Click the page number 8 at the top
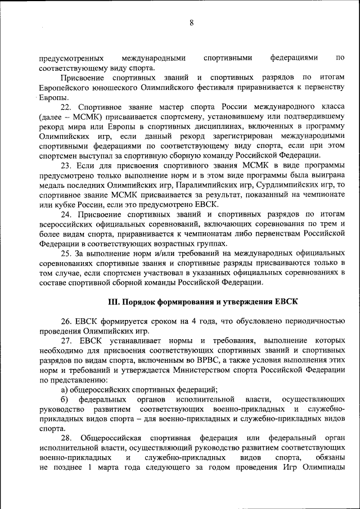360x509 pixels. (191, 22)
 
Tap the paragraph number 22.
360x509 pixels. (66, 106)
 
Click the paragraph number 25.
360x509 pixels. (66, 254)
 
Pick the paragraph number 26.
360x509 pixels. (66, 321)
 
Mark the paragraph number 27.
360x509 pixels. (66, 341)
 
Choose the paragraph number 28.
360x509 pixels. (66, 438)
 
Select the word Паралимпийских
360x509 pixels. (227, 184)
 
